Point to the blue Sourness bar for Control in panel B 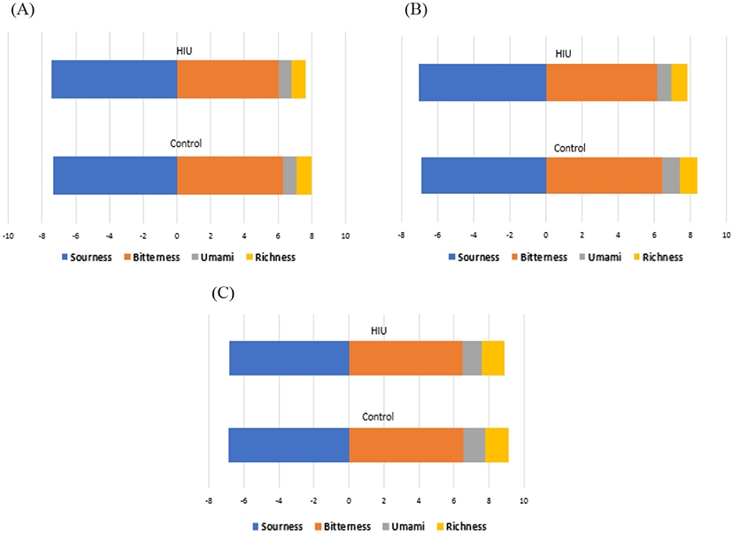point(483,175)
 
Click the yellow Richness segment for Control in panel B point(688,175)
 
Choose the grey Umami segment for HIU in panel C point(472,358)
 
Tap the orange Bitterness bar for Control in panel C point(406,445)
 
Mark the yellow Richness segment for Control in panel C point(497,445)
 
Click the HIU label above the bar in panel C point(379,331)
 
